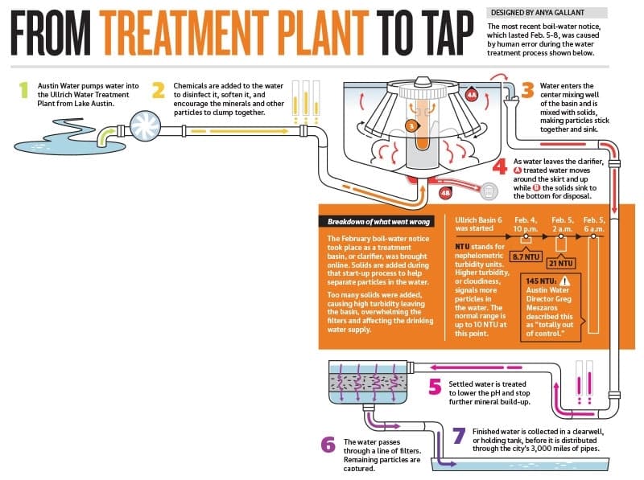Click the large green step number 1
[x=24, y=90]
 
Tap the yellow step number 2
[x=159, y=91]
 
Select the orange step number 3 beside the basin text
[x=528, y=91]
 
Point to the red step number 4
[x=500, y=167]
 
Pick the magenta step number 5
[x=435, y=387]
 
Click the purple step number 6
[x=328, y=445]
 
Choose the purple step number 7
[x=459, y=436]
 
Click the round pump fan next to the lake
[x=145, y=126]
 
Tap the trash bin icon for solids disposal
[x=489, y=191]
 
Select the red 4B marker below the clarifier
[x=446, y=192]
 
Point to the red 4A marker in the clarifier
[x=472, y=95]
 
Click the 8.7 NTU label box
[x=526, y=256]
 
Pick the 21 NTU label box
[x=560, y=263]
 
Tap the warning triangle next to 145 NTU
[x=565, y=281]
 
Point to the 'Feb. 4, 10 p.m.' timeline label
[x=526, y=224]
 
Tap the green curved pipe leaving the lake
[x=106, y=136]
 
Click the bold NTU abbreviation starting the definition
[x=461, y=247]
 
